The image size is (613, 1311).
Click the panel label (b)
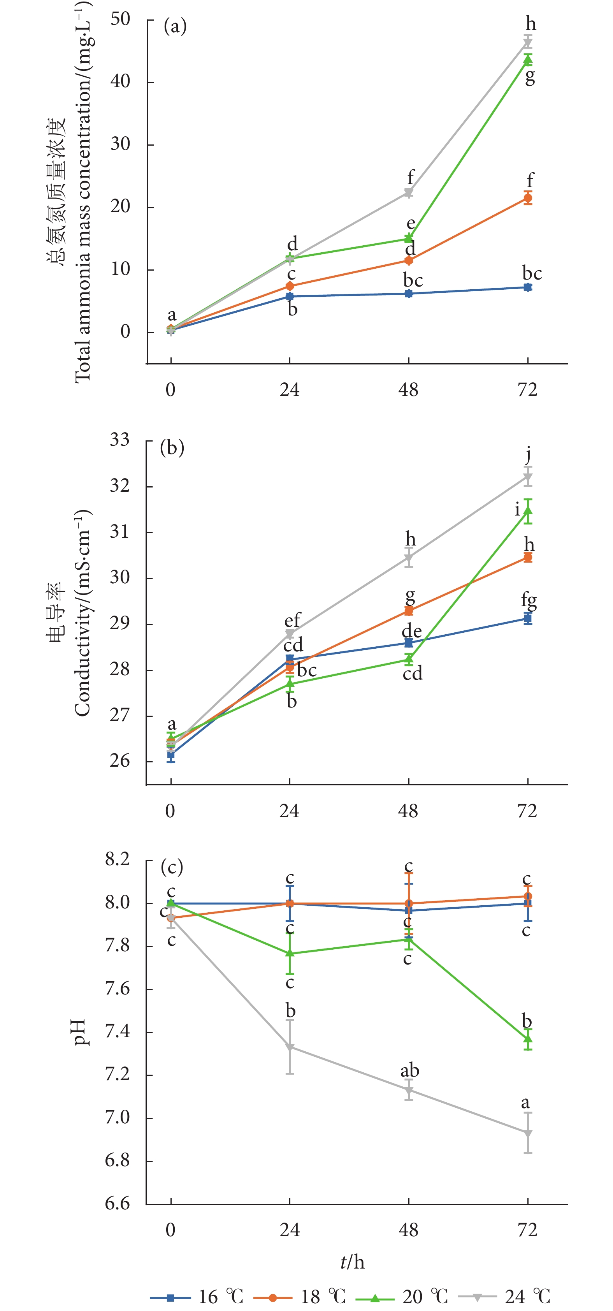coord(172,448)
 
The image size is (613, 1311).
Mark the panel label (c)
coord(172,867)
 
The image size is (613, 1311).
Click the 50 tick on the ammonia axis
coord(121,19)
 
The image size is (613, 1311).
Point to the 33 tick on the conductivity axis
coord(120,440)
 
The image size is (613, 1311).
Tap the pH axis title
coord(81,1032)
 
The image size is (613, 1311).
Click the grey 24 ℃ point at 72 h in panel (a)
coord(528,42)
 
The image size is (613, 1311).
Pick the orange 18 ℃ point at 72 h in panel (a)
coord(528,198)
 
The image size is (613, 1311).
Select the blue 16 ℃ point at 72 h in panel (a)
coord(528,287)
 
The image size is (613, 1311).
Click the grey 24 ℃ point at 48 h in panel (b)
coord(409,558)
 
